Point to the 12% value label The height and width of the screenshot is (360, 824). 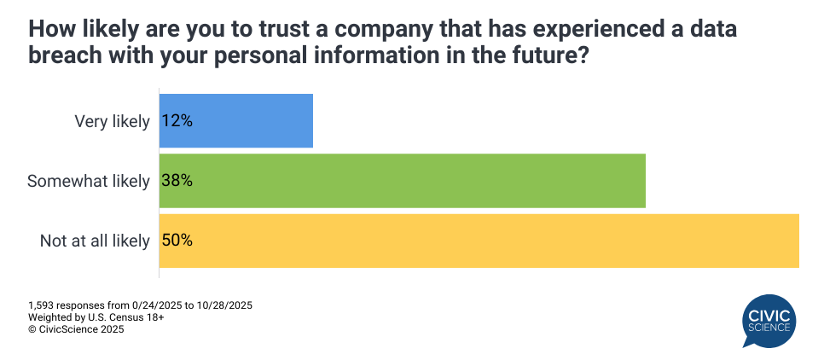177,121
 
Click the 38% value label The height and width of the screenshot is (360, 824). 177,181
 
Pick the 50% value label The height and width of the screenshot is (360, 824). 177,241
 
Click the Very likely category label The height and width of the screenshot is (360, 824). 112,121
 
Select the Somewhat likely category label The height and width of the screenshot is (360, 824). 89,181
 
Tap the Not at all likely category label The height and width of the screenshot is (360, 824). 95,241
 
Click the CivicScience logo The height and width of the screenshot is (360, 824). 769,321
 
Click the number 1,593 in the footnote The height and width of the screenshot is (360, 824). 41,305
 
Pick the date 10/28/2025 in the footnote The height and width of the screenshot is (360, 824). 223,305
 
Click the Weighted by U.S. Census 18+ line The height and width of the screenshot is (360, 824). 96,317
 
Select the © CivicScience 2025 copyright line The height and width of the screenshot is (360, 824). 76,329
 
